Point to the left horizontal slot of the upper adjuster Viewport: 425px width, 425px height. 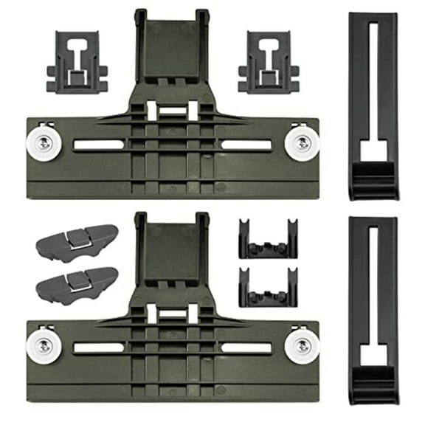click(x=98, y=145)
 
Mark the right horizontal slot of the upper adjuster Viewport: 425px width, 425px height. click(x=246, y=145)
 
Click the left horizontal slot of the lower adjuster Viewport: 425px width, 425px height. click(x=98, y=347)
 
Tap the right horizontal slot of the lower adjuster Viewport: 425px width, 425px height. click(x=246, y=347)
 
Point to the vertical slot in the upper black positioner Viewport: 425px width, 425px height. click(x=373, y=81)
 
